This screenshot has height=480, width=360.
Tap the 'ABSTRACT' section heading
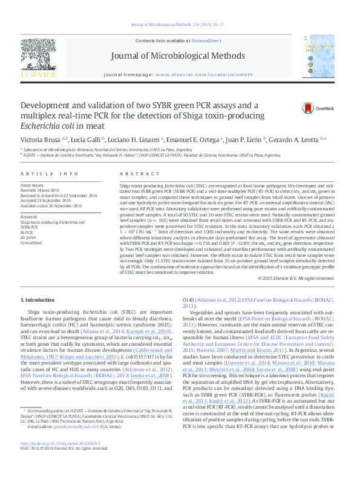click(x=135, y=174)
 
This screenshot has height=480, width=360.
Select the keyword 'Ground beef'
click(x=31, y=242)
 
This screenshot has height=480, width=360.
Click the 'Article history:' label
click(x=33, y=184)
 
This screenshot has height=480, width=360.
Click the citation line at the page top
click(x=180, y=25)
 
